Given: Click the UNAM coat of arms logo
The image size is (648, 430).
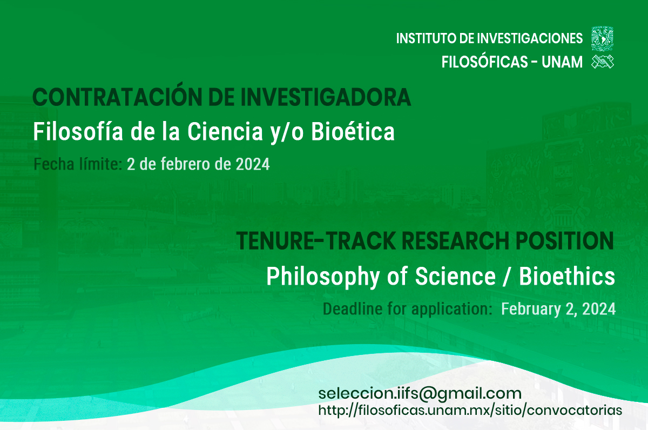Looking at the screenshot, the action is (602, 38).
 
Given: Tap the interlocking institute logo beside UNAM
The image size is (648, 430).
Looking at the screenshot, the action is (603, 62).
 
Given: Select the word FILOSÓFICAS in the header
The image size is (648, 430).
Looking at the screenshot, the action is (485, 62).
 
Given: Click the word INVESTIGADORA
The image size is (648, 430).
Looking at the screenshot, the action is (326, 97).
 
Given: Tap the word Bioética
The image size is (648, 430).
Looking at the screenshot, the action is (353, 132).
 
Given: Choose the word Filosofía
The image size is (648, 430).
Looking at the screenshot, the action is (78, 132).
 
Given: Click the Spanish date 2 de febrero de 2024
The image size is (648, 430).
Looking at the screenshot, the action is (198, 164).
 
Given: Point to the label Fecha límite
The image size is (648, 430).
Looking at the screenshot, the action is (78, 164).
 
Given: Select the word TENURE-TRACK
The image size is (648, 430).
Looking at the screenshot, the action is (316, 241).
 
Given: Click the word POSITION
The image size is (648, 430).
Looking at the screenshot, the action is (565, 241).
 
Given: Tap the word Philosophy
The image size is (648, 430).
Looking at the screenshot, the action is (323, 277).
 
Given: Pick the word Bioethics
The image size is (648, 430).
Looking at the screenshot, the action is (567, 277).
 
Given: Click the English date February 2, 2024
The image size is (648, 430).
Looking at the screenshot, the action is (558, 309).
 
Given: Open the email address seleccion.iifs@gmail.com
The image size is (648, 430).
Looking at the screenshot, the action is (420, 394).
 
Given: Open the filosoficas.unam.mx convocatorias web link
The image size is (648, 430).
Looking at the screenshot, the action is (470, 411).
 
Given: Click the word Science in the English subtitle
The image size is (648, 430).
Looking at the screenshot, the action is (455, 277).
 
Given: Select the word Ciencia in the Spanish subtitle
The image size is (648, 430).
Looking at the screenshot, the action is (225, 132).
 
